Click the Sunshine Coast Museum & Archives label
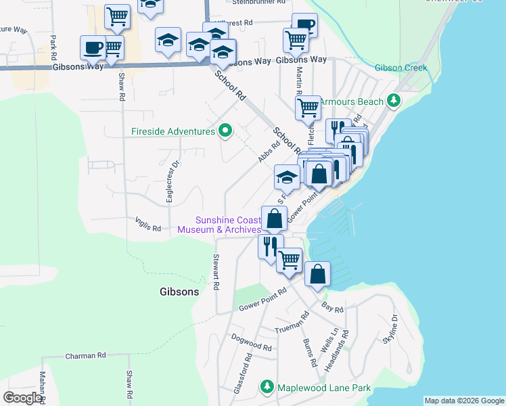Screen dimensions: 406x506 pyautogui.click(x=218, y=225)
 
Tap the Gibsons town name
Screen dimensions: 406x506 pyautogui.click(x=179, y=292)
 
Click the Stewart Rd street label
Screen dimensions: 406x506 pyautogui.click(x=216, y=272)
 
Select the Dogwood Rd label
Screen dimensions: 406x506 pyautogui.click(x=251, y=342)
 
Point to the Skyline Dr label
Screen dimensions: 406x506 pyautogui.click(x=390, y=329)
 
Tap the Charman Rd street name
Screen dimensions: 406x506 pyautogui.click(x=86, y=355)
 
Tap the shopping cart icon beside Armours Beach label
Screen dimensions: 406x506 pyautogui.click(x=308, y=107)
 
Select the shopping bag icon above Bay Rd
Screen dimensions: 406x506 pyautogui.click(x=317, y=274)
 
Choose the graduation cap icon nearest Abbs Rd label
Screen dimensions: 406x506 pyautogui.click(x=287, y=177)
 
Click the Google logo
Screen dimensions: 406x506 pyautogui.click(x=22, y=398)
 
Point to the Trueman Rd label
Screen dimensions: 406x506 pyautogui.click(x=292, y=323)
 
